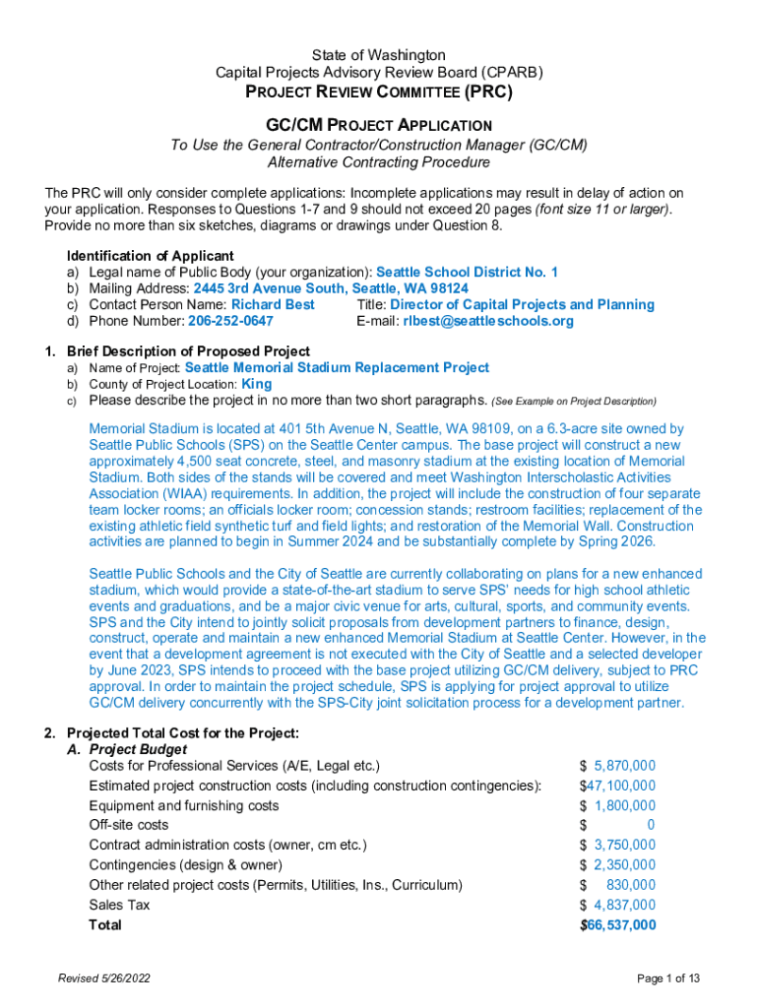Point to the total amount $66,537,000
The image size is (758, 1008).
(617, 925)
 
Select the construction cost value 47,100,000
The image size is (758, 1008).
(621, 786)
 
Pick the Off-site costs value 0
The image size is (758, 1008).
(651, 825)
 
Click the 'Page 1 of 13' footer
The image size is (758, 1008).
(668, 977)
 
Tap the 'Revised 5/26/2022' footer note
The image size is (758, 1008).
(104, 977)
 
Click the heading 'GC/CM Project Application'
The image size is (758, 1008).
(379, 125)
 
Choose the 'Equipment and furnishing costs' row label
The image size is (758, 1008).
(184, 805)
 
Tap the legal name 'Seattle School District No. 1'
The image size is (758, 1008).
(468, 272)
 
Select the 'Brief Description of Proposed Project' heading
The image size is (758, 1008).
(188, 351)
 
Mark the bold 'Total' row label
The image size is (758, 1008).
(105, 925)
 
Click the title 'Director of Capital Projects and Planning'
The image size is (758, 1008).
(523, 305)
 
